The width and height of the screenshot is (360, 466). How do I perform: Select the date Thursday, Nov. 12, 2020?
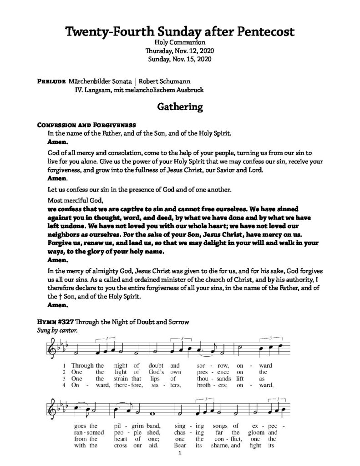tap(179, 51)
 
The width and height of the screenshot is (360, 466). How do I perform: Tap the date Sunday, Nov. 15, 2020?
tap(179, 59)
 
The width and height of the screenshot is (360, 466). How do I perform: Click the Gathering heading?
tap(179, 107)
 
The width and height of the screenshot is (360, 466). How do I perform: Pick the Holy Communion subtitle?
tap(179, 42)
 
